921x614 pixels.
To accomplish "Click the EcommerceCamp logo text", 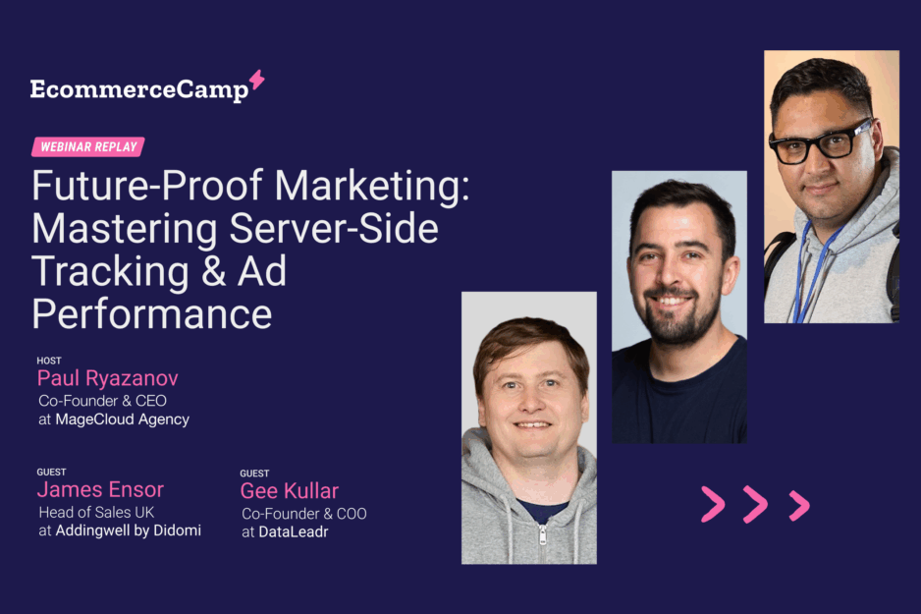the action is (139, 90).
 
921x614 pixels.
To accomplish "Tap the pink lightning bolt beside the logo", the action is (256, 80).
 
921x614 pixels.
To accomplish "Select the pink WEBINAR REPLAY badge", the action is (88, 147).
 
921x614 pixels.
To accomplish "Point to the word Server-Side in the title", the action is (334, 229).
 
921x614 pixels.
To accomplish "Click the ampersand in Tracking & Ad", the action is (213, 271).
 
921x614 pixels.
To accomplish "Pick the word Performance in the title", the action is (152, 315).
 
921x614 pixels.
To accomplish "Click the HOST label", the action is (49, 361).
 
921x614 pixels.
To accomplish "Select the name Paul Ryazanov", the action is (107, 378).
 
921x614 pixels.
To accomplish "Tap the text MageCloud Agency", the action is (122, 419).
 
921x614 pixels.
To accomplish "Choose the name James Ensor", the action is (100, 489).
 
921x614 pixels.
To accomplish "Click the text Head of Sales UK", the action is (96, 513).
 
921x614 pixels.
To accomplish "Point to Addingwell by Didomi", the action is (128, 530).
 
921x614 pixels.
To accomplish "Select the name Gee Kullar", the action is (290, 491).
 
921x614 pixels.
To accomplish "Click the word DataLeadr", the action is (294, 531).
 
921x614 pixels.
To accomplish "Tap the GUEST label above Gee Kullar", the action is (254, 474).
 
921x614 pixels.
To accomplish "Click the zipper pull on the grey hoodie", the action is (542, 534).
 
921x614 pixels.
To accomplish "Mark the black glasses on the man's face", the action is (821, 142).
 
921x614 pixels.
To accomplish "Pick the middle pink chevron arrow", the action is (756, 504).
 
